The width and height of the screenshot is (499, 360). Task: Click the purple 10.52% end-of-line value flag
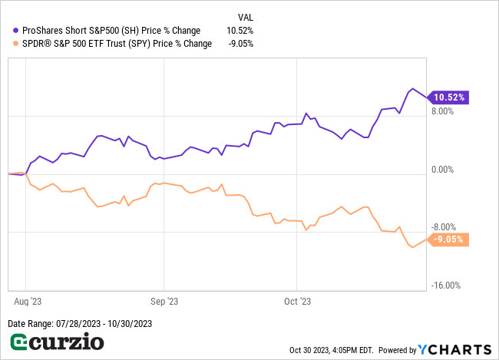coord(450,97)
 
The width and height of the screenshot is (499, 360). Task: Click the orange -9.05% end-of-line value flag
coord(449,239)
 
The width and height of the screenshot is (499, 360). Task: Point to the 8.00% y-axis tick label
coord(442,111)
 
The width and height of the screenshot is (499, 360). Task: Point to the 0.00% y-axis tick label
coord(442,170)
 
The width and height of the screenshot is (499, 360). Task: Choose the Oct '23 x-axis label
coord(296,302)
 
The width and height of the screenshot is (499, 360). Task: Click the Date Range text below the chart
coord(80,324)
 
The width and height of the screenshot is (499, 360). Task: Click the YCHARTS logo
coord(454,349)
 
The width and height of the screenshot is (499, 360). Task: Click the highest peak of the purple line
coord(412,88)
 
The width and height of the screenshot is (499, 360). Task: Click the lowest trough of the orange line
coord(412,247)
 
